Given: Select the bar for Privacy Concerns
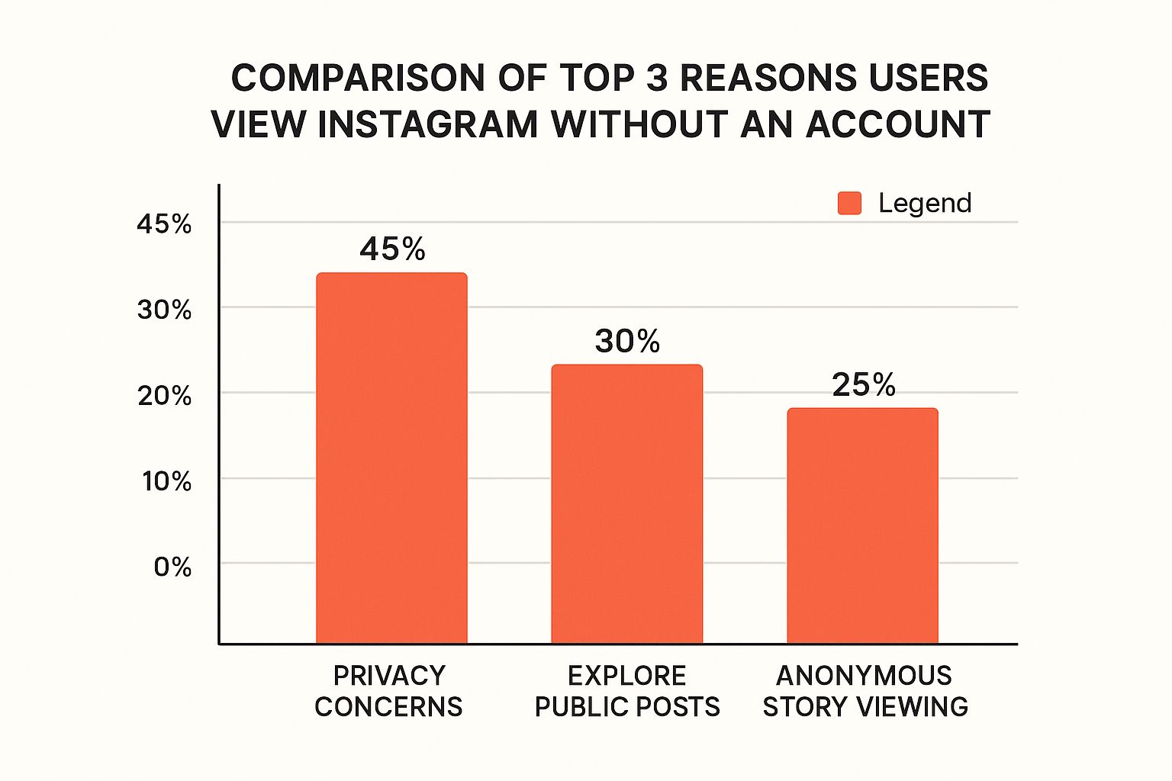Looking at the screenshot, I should coord(391,458).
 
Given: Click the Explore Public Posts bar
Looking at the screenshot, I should coord(626,503).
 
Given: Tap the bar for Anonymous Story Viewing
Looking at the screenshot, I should coord(862,526).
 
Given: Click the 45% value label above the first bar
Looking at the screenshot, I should coord(392,249).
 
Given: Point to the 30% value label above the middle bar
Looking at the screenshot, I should coord(627,341).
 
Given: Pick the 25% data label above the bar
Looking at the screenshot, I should coord(863,384).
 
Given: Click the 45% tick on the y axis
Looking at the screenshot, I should coord(164,224).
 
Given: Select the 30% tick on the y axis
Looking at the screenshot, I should coord(164,310).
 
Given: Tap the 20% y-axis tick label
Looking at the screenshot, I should coord(164,396).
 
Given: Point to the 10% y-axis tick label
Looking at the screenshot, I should coord(166,481).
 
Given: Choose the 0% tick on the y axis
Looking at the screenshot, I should coord(172,567).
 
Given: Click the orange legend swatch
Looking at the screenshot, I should coord(849,203).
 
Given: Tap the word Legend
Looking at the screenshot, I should coord(925,203).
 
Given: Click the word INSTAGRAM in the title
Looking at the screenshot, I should coord(428,124).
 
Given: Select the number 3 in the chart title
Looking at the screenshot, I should coord(658,78).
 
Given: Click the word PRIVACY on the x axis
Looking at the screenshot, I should coord(389,676).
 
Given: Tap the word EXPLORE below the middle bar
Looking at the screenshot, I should coord(626,676).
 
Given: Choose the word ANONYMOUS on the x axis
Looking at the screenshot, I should coord(864,676).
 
